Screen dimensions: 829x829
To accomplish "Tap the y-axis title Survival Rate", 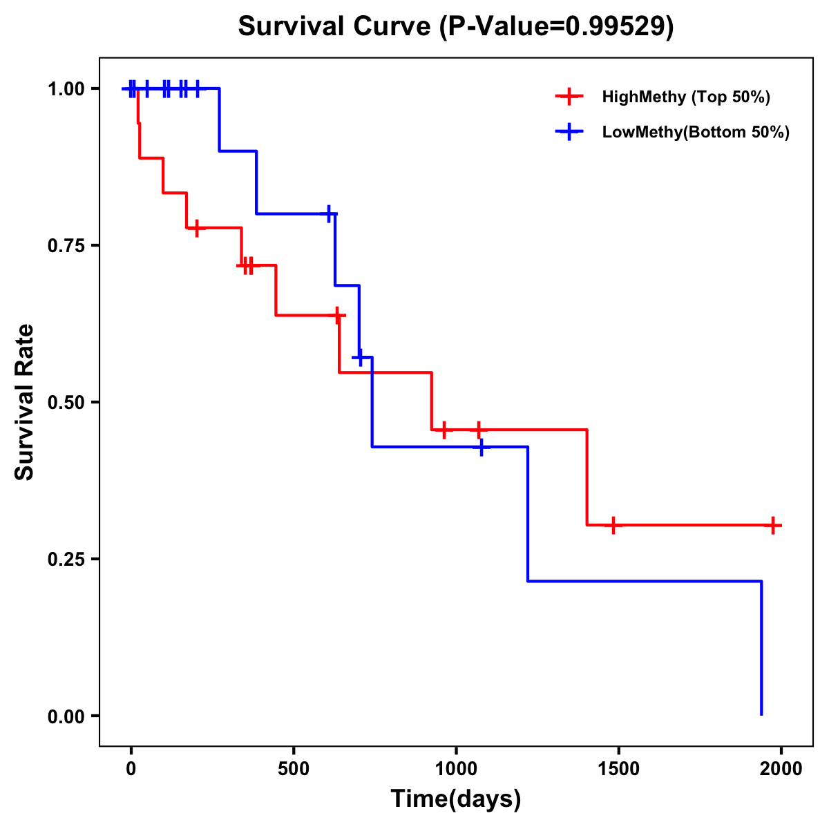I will coord(25,402).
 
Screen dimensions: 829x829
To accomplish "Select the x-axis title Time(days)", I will coord(456,799).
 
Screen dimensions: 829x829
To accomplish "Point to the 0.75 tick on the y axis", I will coord(66,245).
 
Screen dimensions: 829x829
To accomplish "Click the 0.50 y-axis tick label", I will coord(66,402).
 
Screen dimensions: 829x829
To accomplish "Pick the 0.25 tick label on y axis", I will coord(66,559).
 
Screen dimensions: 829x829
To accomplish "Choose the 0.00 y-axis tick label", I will coord(66,716).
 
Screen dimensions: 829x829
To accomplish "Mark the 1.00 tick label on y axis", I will coord(66,88).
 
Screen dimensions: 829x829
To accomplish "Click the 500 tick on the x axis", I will coord(294,769).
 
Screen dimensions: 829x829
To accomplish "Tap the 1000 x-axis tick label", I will coord(456,769).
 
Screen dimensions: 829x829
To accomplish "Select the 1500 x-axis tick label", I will coord(618,769).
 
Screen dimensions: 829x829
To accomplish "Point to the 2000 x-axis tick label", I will coord(781,769).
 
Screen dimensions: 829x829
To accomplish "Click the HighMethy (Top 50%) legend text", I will coord(686,97).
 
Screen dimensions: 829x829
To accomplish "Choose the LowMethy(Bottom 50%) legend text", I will coord(696,132).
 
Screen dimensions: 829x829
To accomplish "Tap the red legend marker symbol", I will coord(569,97).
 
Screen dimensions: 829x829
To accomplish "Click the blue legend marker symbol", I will coord(569,132).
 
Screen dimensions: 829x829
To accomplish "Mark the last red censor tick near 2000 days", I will coord(773,525).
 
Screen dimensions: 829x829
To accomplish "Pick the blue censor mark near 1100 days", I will coord(481,447).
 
